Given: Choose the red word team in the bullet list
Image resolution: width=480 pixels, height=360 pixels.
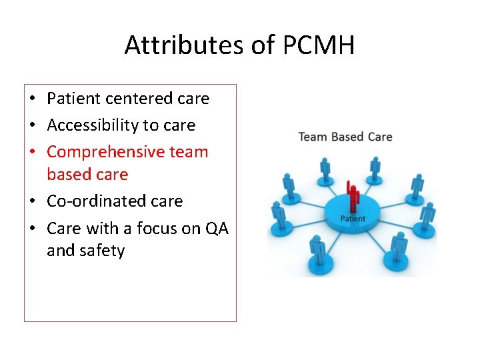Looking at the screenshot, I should coord(189,152).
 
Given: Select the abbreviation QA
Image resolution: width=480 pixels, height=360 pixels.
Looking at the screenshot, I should coord(217,229).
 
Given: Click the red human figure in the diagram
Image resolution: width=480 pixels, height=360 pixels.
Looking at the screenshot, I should coord(353,197).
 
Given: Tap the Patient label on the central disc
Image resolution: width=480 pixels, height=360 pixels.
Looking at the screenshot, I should coord(353,219).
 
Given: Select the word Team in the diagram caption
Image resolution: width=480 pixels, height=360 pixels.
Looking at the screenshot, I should coord(313,137).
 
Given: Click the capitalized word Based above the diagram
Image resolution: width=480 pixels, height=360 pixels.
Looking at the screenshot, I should coord(347,137).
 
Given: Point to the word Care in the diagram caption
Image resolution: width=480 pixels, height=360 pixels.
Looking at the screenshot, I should coord(379,137).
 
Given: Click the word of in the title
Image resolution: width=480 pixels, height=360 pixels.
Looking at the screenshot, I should coord(263,45).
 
